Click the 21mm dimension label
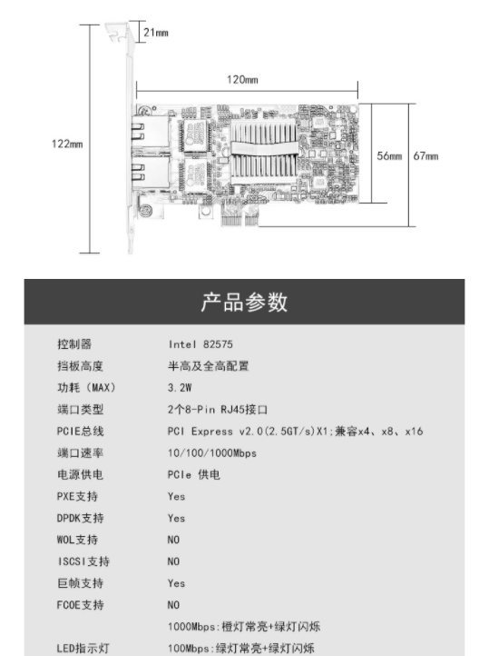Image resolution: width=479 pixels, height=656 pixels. [156, 32]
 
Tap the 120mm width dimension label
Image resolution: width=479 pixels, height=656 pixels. [242, 79]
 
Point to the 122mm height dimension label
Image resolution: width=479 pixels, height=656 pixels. [67, 144]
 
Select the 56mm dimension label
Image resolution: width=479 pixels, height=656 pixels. [389, 156]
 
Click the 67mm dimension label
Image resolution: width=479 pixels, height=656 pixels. [426, 156]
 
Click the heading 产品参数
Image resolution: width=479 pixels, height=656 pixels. [244, 302]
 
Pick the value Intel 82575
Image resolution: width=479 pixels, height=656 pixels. [200, 344]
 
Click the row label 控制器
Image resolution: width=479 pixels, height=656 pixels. [74, 344]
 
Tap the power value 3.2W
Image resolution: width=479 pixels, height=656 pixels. [180, 388]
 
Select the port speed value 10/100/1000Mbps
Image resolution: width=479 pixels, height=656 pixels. [212, 453]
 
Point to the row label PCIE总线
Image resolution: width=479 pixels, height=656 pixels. [80, 432]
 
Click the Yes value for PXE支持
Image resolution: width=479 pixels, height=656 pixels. [176, 497]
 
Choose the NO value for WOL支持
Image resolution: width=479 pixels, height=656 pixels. [173, 540]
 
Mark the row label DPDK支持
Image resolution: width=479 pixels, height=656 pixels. [80, 519]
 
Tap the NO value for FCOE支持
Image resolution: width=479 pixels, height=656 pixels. [173, 605]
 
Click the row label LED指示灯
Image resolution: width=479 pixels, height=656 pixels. [83, 649]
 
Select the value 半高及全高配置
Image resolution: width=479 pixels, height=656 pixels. [209, 366]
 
